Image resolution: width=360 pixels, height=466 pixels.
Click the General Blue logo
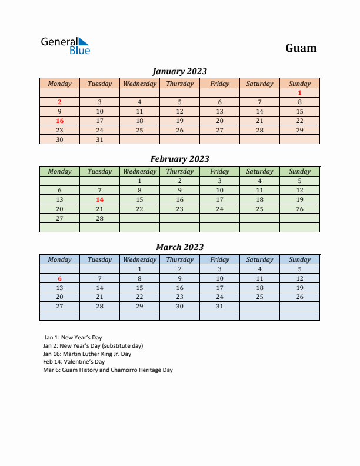coord(65,46)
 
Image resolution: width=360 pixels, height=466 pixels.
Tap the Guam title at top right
coord(301,48)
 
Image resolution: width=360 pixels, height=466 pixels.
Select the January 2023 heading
coord(179,71)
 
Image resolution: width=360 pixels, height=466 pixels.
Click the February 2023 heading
coord(179,159)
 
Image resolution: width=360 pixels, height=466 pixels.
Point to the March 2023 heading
coord(179,247)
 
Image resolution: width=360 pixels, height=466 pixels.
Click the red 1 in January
coord(299,92)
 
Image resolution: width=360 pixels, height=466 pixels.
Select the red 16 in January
coord(59,121)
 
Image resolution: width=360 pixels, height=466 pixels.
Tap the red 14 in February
coord(99,199)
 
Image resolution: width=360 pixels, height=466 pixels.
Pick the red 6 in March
coord(59,278)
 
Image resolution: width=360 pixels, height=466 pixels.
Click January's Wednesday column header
coord(139,84)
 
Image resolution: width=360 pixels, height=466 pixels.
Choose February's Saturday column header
coord(259,171)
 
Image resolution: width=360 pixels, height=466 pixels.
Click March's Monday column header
coord(59,259)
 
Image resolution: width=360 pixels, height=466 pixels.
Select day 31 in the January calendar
coord(99,139)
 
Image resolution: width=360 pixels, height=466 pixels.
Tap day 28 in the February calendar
coord(99,218)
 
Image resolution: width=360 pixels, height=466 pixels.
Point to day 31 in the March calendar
coord(219,307)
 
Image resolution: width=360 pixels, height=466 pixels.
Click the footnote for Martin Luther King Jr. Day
coord(87,354)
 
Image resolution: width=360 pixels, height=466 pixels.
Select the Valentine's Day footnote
coord(74,362)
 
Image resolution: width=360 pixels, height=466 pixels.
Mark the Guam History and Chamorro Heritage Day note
coord(108,370)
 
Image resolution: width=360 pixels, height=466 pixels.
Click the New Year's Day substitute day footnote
coord(93,346)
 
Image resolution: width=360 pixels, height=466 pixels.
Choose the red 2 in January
coord(59,102)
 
